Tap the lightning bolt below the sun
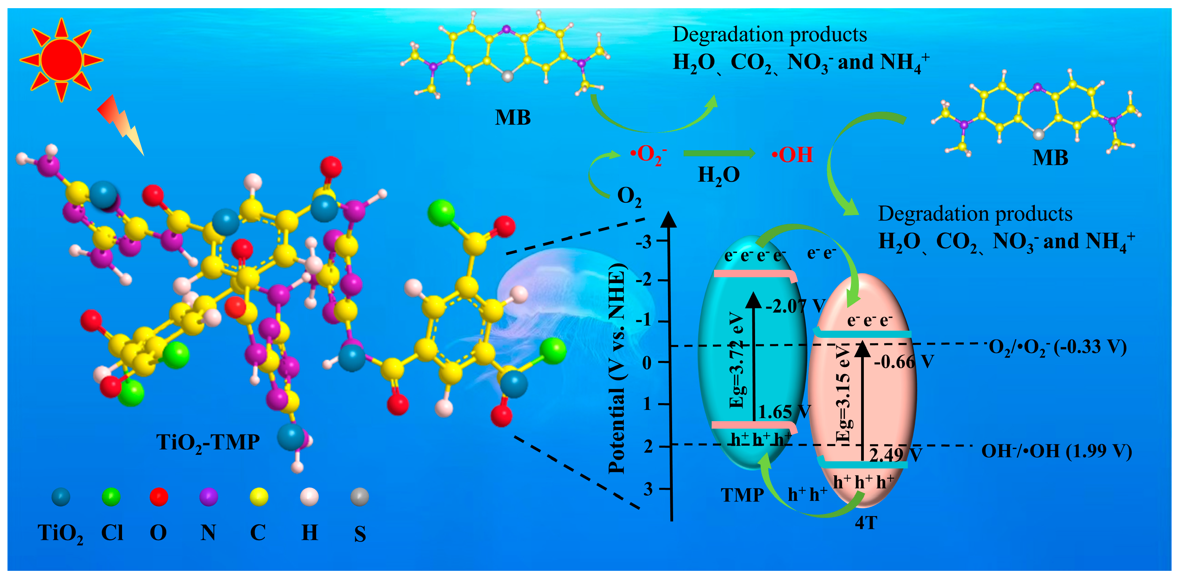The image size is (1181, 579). [121, 124]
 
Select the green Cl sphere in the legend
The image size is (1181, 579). [111, 496]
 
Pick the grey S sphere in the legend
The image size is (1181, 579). [359, 496]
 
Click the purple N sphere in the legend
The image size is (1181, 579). [209, 496]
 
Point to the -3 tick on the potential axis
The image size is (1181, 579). [644, 241]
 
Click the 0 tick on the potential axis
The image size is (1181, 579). [647, 363]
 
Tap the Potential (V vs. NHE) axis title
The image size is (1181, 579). [617, 369]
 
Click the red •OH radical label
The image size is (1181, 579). [792, 155]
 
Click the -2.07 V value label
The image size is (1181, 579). [795, 305]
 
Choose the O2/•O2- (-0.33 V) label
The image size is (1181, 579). [1057, 347]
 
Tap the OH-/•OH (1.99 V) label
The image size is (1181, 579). [1056, 451]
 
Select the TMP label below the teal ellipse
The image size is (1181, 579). [742, 495]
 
